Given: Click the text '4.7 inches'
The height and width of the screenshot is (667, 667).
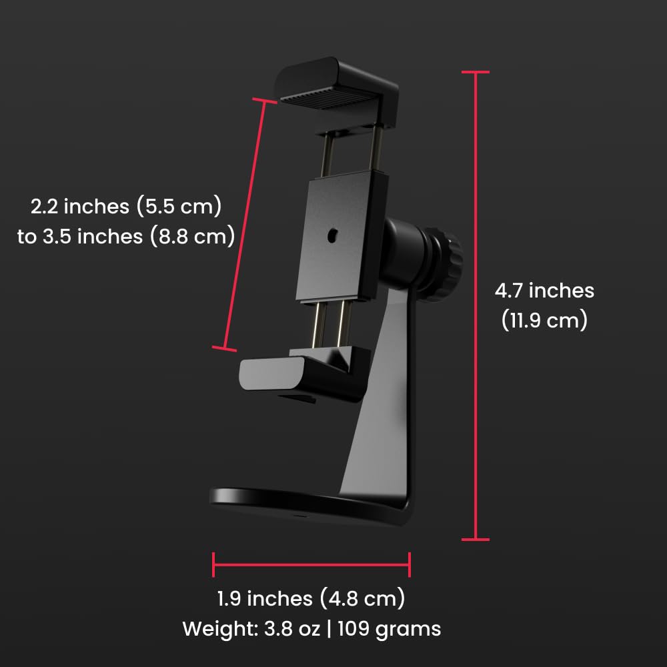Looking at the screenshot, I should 544,291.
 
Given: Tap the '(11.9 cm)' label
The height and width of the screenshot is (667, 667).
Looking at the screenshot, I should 544,321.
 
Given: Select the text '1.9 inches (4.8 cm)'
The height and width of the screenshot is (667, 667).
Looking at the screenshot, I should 311,598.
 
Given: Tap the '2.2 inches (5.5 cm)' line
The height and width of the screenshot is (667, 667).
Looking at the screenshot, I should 126,206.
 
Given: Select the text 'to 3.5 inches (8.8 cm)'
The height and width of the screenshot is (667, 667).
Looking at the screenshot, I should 126,236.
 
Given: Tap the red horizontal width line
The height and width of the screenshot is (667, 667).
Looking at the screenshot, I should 311,564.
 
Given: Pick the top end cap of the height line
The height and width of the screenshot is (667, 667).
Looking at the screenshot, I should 476,71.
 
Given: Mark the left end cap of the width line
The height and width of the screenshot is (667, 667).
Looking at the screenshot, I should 213,564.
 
